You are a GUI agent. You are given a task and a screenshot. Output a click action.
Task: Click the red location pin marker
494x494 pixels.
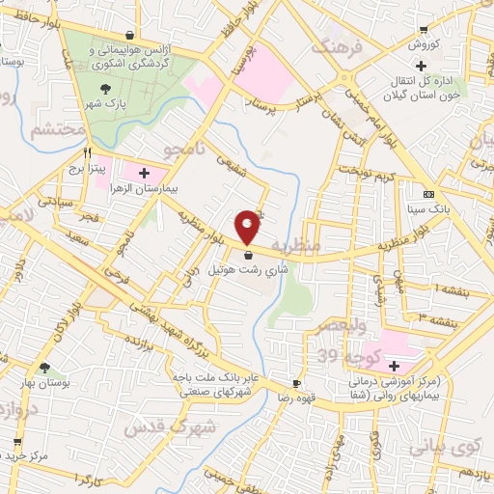(x=248, y=226)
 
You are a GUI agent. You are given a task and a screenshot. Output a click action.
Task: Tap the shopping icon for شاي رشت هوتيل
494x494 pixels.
(x=249, y=256)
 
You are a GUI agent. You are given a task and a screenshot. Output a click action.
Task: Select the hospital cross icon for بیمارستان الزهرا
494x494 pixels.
(x=145, y=174)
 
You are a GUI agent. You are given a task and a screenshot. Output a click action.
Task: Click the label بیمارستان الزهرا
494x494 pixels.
(x=145, y=188)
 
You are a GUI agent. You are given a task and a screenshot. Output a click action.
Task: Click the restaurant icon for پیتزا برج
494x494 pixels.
(x=88, y=152)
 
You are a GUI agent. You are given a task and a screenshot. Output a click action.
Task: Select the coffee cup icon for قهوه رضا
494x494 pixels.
(x=296, y=383)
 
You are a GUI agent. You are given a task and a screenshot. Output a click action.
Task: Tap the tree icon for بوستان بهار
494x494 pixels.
(x=44, y=368)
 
